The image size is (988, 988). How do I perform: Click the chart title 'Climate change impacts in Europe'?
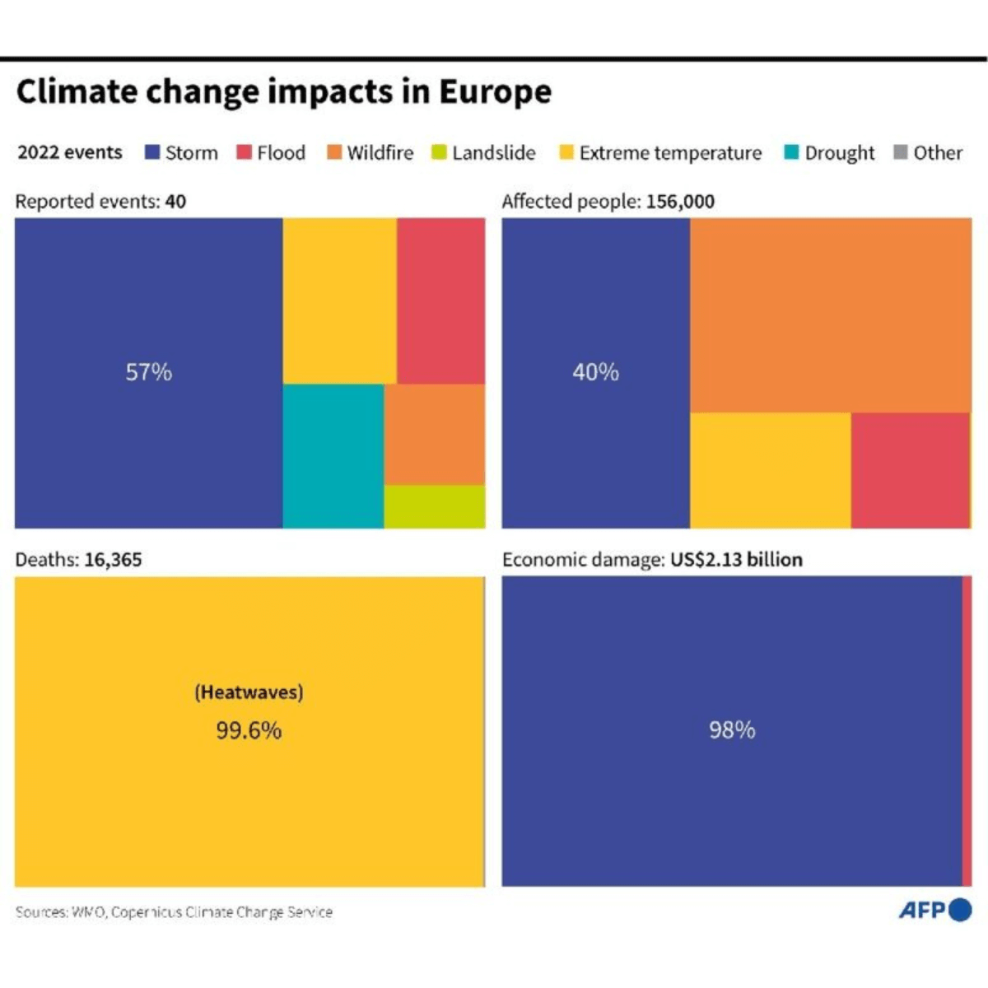point(283,91)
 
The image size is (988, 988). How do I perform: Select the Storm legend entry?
point(182,153)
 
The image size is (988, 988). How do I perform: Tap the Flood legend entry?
point(271,153)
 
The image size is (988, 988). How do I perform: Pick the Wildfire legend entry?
point(370,153)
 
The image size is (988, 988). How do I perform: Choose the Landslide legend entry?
point(483,153)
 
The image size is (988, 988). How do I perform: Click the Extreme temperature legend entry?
point(660,153)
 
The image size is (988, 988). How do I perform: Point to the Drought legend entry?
point(829,153)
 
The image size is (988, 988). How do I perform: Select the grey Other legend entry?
point(928,153)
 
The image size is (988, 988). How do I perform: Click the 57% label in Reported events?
point(148,372)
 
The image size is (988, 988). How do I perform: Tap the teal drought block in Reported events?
point(333,455)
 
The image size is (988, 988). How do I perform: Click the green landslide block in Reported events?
point(434,506)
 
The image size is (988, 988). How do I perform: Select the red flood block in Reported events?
point(440,301)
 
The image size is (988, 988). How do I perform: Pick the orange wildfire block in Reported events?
point(434,434)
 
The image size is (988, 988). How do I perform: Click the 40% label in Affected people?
point(595,372)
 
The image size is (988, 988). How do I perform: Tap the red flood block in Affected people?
point(910,470)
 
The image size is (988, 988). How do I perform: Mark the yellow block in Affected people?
point(770,470)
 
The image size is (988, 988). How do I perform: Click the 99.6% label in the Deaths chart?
point(249,730)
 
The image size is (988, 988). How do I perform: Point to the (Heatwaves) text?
point(249,692)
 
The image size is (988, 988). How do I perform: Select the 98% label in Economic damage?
point(732,730)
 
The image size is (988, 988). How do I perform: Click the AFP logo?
point(934,910)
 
